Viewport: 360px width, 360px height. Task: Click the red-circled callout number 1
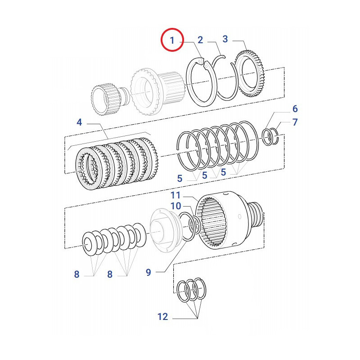coord(171,40)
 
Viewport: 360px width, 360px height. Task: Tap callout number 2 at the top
coord(200,40)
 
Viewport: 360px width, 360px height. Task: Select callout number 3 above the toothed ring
coord(225,39)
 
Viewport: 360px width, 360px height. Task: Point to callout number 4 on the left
coord(79,122)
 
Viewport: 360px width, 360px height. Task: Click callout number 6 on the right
coord(295,109)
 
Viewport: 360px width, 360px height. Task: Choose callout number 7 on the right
coord(295,122)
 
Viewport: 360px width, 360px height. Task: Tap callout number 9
coord(148,272)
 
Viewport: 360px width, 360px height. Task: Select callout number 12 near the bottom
coord(163,317)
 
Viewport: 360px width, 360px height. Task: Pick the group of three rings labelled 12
coord(192,290)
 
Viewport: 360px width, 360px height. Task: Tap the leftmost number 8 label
coord(76,274)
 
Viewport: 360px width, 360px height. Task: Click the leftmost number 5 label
coord(180,178)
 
